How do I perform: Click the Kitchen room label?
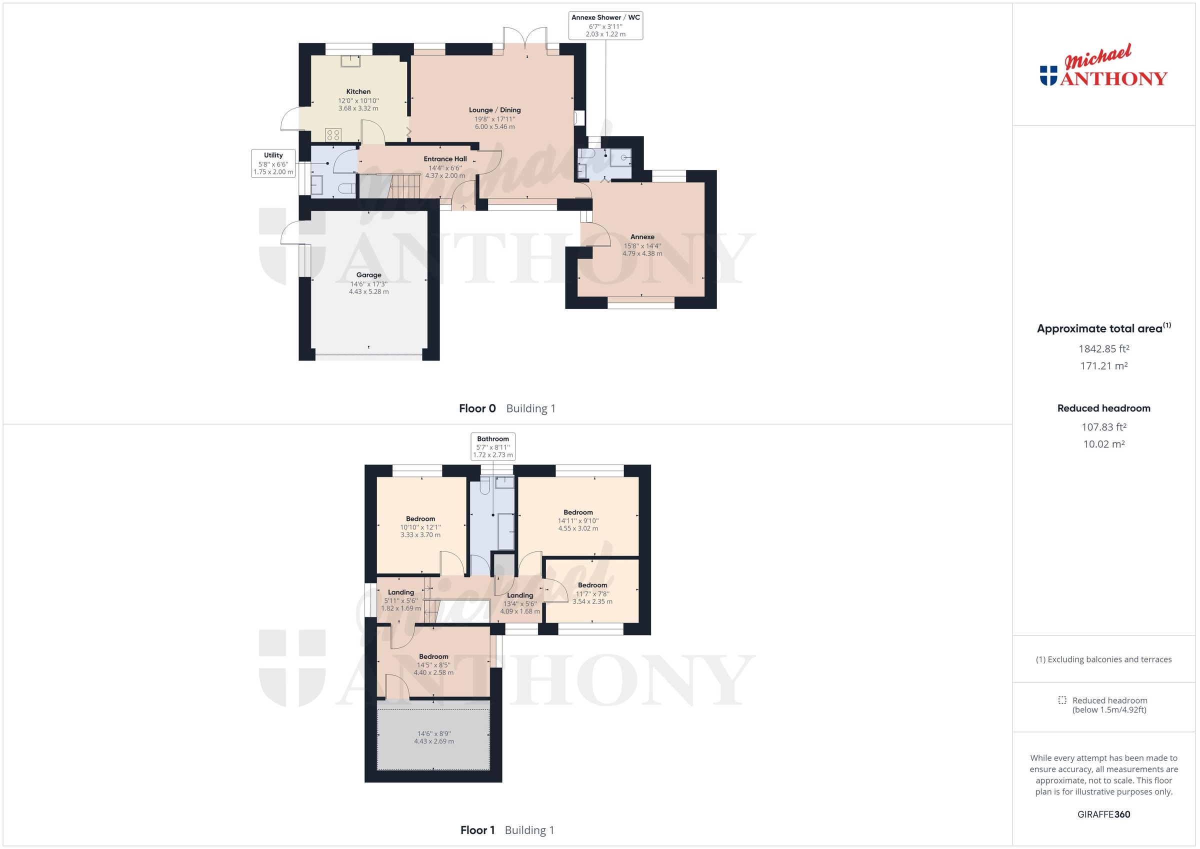(358, 91)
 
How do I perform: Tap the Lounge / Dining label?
(494, 110)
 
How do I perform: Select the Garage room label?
(368, 275)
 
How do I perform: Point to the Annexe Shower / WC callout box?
(605, 25)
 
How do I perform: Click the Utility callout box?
(273, 163)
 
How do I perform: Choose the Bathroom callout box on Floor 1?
(492, 446)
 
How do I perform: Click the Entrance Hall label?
(445, 159)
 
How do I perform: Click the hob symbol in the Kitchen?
(333, 135)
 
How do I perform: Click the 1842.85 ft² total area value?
(1103, 348)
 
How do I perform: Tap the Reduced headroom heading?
(1103, 408)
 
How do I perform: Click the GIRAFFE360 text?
(1103, 814)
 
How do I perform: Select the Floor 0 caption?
(476, 408)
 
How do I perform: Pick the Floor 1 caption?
(477, 830)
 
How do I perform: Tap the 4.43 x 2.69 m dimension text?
(434, 741)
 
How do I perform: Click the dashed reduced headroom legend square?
(1062, 700)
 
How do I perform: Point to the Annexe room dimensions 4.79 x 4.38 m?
(642, 253)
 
